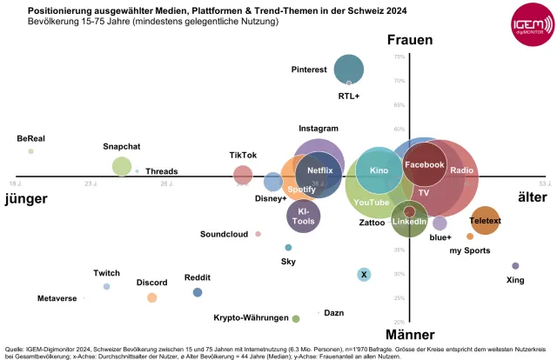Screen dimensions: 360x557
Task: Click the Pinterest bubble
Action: click(x=349, y=69)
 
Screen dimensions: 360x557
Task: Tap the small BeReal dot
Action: click(x=30, y=151)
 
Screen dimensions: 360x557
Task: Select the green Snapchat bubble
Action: click(x=122, y=166)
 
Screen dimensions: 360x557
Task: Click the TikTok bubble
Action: click(x=244, y=175)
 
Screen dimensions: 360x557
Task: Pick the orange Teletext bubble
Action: click(x=485, y=221)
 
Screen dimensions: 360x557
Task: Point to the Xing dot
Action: click(x=515, y=266)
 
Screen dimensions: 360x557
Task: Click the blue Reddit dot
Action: click(x=198, y=292)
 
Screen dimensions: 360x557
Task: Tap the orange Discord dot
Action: click(x=152, y=297)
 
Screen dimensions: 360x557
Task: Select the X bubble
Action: click(x=364, y=275)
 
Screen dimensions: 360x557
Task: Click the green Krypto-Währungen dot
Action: click(x=296, y=318)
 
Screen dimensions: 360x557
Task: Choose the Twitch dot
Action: click(x=107, y=286)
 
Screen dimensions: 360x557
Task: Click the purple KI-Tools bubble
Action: click(x=303, y=216)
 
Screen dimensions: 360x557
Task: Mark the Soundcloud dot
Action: click(x=258, y=234)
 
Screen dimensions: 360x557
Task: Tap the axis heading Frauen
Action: click(x=416, y=41)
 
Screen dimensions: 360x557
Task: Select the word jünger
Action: click(x=26, y=198)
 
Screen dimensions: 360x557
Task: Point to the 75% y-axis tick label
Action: click(x=399, y=57)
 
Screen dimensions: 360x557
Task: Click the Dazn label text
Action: click(x=333, y=312)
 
